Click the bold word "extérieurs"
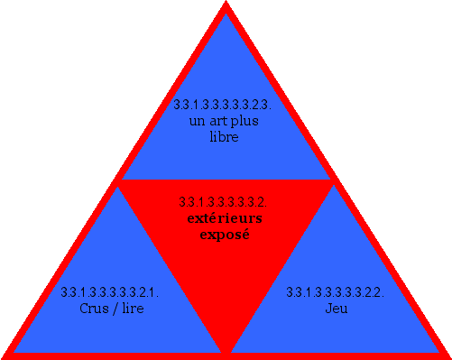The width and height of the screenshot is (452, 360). coord(225,218)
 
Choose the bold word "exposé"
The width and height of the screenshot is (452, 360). coord(224,235)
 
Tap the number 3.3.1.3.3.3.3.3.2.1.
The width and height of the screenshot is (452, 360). coord(110,292)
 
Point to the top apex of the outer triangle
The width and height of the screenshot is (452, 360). coord(226,5)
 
